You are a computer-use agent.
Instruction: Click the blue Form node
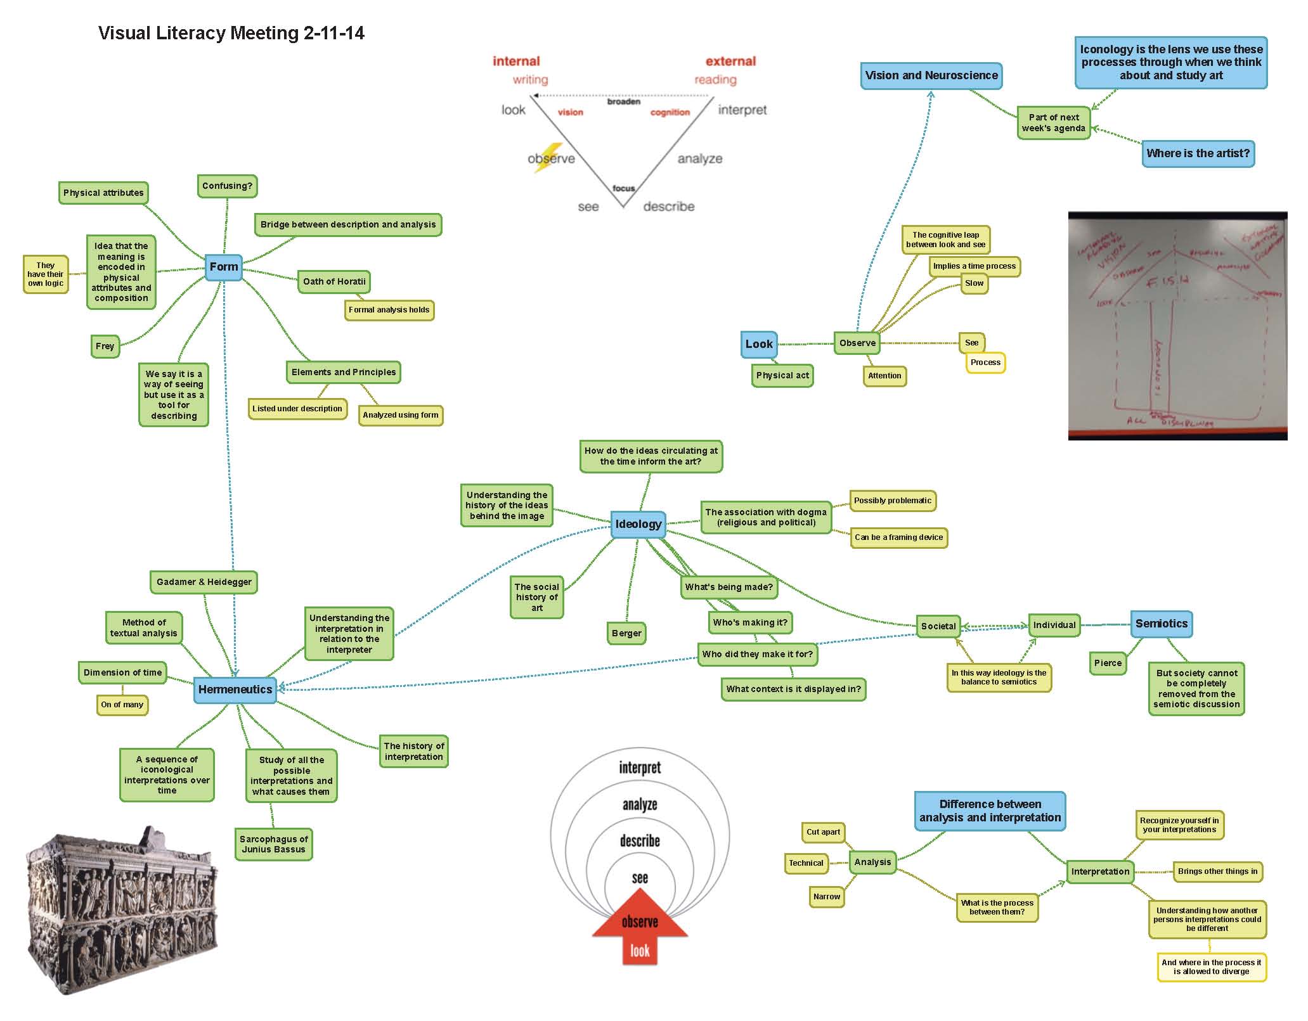coord(224,267)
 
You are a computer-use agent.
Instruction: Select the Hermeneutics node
coord(235,690)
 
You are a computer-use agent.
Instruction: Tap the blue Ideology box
coord(638,524)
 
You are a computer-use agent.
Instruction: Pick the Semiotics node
coord(1162,624)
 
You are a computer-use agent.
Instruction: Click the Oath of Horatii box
coord(334,281)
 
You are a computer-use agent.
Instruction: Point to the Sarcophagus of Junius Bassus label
coord(274,844)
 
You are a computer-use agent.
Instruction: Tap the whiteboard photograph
coord(1177,326)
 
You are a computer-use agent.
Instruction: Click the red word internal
coord(516,61)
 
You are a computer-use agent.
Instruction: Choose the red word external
coord(730,61)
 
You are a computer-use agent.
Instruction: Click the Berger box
coord(626,633)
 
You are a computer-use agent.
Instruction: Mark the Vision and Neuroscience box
coord(931,75)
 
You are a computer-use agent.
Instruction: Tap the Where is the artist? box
coord(1198,153)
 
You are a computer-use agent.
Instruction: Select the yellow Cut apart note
coord(823,832)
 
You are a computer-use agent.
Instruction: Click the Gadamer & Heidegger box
coord(204,582)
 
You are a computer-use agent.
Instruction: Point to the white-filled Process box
coord(985,363)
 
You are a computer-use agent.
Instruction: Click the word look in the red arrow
coord(640,951)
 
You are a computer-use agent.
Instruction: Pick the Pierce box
coord(1108,663)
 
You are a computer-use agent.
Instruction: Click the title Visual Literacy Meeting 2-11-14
coord(231,33)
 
